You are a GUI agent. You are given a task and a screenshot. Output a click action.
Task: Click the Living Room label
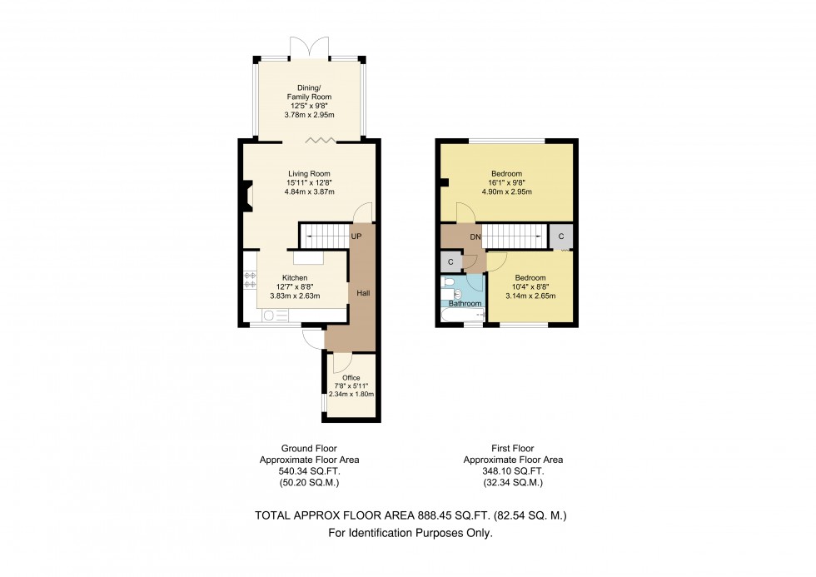(309, 174)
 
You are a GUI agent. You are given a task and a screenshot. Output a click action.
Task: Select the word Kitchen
(295, 277)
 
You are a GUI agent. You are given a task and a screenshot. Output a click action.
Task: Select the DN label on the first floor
(475, 237)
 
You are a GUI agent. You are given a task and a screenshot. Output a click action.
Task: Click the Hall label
(364, 294)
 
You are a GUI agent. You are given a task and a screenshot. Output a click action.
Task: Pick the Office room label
(351, 377)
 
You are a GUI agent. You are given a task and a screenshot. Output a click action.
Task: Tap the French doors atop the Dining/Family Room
(309, 48)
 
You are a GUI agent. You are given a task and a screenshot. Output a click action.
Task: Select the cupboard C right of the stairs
(561, 236)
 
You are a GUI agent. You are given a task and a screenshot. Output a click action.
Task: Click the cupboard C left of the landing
(450, 262)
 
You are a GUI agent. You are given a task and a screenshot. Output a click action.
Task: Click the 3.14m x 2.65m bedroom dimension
(530, 295)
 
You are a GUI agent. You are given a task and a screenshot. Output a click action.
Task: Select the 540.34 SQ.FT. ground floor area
(309, 470)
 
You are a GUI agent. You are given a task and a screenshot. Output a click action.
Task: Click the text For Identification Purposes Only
(410, 533)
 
